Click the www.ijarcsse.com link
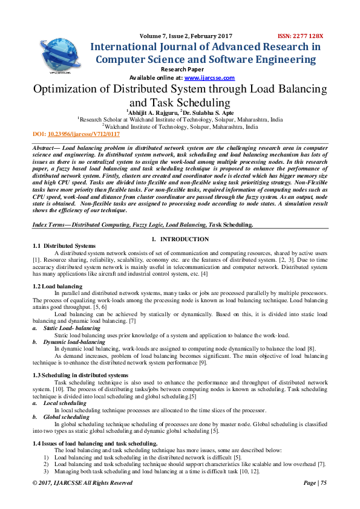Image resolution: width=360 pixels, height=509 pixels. click(x=209, y=78)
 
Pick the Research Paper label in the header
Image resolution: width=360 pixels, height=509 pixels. click(x=180, y=70)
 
